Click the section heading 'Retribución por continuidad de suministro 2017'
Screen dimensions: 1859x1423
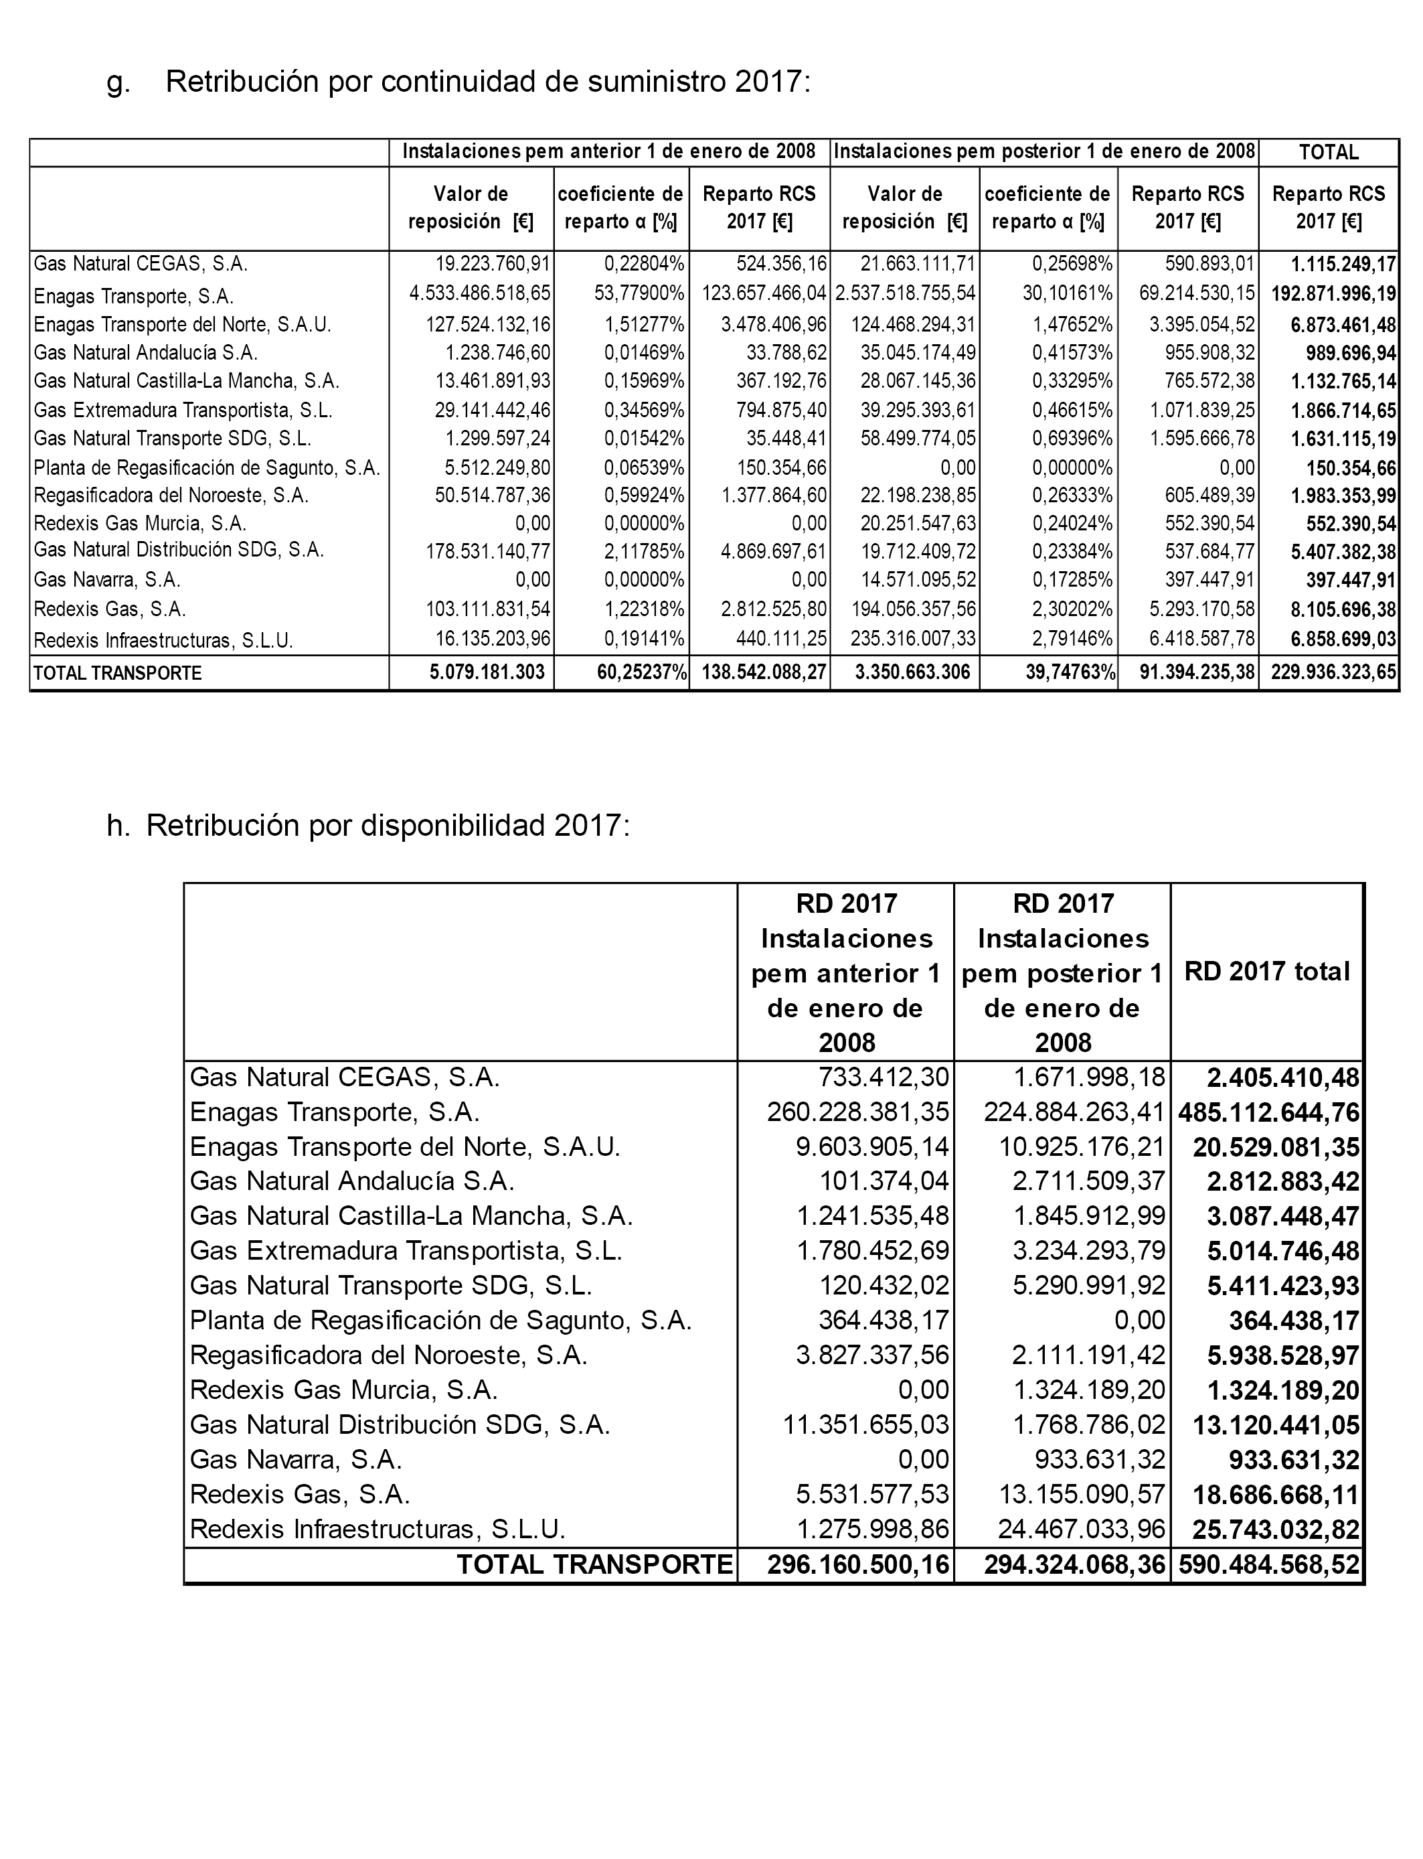point(488,82)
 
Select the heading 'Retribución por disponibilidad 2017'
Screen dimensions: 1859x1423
point(388,825)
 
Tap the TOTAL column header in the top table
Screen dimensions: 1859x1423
point(1328,153)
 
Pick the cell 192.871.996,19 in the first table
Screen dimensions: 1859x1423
point(1333,295)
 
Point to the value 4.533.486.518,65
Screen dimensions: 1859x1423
point(479,294)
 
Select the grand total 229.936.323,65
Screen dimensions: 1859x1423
point(1333,673)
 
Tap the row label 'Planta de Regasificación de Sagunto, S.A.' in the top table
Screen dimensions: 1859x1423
point(207,467)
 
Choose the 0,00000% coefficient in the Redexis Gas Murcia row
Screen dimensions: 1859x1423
point(644,524)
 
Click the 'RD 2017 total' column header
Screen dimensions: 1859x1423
point(1266,972)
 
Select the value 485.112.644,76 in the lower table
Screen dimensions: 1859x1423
point(1268,1112)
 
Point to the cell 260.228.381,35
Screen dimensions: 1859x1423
point(858,1112)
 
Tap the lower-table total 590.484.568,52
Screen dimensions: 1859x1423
point(1268,1565)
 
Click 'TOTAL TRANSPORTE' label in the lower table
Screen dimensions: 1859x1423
point(594,1565)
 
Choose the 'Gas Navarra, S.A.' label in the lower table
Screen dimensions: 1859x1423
point(296,1460)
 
